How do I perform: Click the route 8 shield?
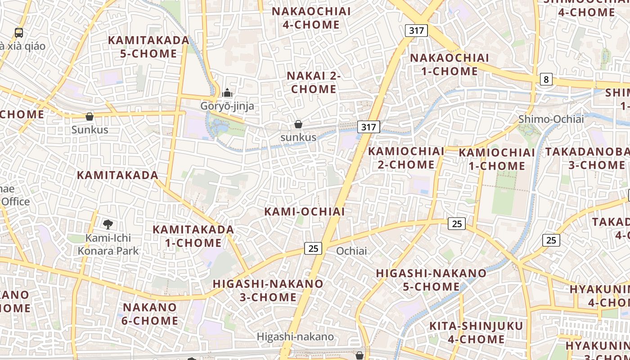[x=546, y=80]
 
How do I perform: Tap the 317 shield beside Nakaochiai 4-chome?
[x=416, y=31]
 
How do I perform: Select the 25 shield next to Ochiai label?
[x=313, y=248]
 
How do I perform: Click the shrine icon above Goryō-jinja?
[x=227, y=93]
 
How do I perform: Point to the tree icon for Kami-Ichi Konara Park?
[x=108, y=224]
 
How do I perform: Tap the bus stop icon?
[x=18, y=32]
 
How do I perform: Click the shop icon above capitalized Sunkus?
[x=90, y=117]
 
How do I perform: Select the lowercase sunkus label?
[x=298, y=137]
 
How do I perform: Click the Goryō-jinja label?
[x=227, y=106]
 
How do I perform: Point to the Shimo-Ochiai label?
[x=551, y=119]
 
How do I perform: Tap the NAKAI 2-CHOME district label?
[x=314, y=82]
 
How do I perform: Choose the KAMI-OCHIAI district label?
[x=305, y=211]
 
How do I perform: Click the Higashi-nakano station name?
[x=295, y=337]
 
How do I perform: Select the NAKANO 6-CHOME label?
[x=150, y=314]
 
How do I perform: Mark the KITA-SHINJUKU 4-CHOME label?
[x=476, y=333]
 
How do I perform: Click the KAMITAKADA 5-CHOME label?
[x=149, y=47]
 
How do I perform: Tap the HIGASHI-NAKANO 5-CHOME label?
[x=431, y=280]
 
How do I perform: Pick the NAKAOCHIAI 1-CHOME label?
[x=449, y=64]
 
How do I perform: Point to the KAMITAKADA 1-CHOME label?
[x=193, y=236]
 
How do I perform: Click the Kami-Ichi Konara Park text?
[x=108, y=244]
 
